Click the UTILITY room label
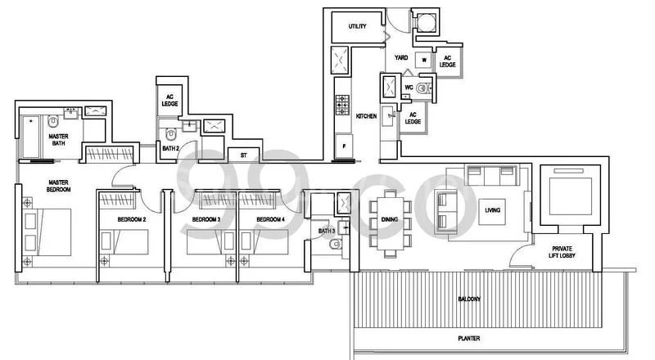coord(357,27)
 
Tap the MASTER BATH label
coord(57,141)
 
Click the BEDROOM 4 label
coord(269,220)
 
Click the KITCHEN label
coord(366,117)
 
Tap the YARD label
coord(401,58)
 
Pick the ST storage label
coord(243,154)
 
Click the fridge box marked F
coord(343,146)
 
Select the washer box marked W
coord(424,60)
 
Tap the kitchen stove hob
coord(342,106)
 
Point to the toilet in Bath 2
coord(169,133)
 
